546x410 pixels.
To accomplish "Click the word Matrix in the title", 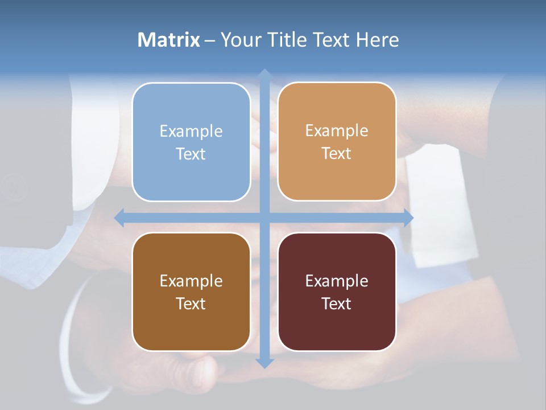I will pyautogui.click(x=169, y=40).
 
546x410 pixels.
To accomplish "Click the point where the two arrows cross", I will pyautogui.click(x=264, y=218).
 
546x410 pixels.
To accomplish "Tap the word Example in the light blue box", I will pyautogui.click(x=191, y=132).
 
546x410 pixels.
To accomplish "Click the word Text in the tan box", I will pyautogui.click(x=337, y=154).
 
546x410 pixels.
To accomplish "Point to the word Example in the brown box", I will pyautogui.click(x=191, y=281).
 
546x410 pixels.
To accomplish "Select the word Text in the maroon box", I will pyautogui.click(x=337, y=304).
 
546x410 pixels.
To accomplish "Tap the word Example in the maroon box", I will pyautogui.click(x=337, y=281).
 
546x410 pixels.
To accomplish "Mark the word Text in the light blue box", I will pyautogui.click(x=191, y=154).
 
